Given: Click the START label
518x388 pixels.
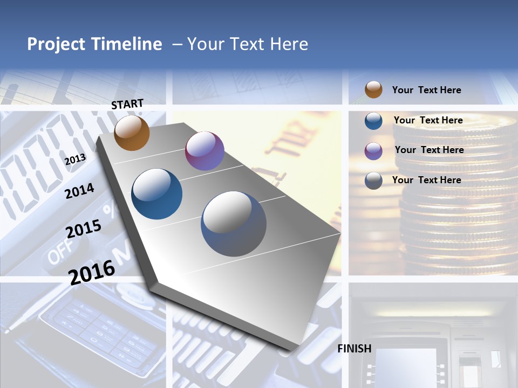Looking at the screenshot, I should coord(127,104).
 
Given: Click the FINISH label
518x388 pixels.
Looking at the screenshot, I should coord(355,349).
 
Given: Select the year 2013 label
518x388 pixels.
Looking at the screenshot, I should coord(75,159).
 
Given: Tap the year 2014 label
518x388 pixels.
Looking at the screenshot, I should coord(80,191).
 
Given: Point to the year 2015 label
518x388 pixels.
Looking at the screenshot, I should coord(84,228).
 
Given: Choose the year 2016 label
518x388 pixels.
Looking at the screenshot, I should coord(92,272).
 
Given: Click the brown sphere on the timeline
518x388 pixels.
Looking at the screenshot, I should coord(132,133).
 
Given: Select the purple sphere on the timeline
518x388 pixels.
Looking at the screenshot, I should coord(205,151).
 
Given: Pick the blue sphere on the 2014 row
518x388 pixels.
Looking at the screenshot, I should coord(157,194).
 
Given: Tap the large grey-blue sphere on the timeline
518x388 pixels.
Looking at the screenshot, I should coord(234,224).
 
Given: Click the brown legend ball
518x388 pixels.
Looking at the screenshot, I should coord(373,90).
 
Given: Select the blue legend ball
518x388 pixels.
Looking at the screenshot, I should coord(373,121).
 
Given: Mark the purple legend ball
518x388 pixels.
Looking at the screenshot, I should coord(373,151).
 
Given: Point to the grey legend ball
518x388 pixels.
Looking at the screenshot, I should coord(373,181).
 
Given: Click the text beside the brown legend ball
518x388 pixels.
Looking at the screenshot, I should coord(426,90).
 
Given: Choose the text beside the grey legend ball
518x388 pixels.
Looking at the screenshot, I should coord(426,180).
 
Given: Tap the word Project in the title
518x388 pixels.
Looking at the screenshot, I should coord(56,44).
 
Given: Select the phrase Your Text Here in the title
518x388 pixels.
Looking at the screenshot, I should coord(248,44).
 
